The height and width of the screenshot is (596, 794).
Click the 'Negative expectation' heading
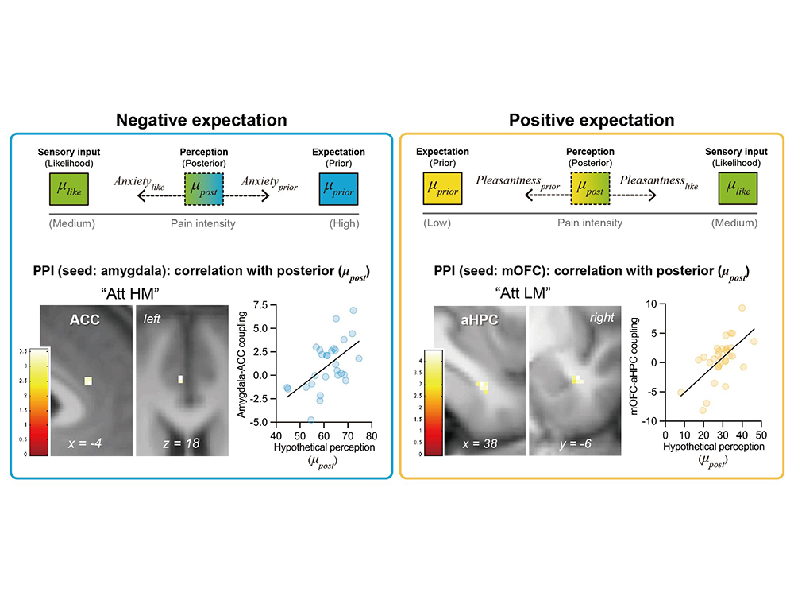point(202,121)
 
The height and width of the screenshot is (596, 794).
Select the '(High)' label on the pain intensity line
point(345,223)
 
